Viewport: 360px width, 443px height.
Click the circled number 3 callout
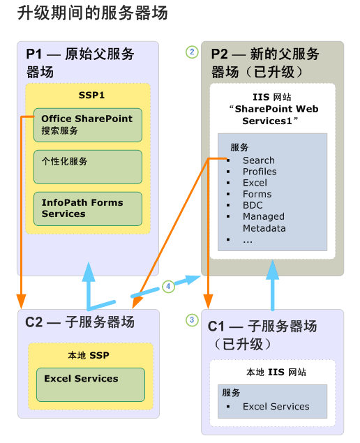[191, 320]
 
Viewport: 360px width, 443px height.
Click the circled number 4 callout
[167, 285]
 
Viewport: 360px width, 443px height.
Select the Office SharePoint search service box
[87, 125]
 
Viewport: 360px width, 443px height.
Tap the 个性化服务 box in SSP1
[87, 166]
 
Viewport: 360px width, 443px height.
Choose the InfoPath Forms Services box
[87, 208]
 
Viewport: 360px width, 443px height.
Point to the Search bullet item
[258, 160]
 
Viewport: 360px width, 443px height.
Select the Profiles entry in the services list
[260, 172]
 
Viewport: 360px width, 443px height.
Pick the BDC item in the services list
[253, 205]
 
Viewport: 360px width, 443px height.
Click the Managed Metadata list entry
[264, 223]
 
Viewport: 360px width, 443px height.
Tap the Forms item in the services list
[257, 194]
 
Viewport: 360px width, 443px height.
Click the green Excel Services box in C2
[90, 384]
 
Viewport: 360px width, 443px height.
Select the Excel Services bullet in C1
[276, 407]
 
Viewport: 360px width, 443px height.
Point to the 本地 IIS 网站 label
[277, 372]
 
